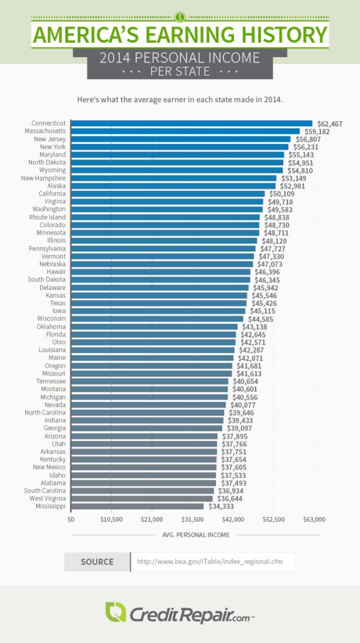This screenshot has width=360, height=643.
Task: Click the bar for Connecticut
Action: (191, 123)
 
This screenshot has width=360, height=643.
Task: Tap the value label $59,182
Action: (316, 131)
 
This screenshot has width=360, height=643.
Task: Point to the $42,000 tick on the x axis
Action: (233, 519)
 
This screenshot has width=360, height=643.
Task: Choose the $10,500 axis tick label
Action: (111, 519)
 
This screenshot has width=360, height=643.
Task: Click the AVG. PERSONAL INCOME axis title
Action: (196, 534)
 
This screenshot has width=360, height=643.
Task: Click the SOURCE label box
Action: (97, 562)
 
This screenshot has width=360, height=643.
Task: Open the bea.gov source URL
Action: (208, 562)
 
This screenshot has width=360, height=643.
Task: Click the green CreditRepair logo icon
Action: (115, 612)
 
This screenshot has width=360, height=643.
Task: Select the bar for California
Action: (167, 194)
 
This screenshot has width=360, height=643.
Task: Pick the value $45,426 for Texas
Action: (263, 303)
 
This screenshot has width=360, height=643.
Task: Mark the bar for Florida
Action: (154, 334)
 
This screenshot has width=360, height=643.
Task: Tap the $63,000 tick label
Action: (314, 519)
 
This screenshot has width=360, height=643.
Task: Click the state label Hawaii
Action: (56, 272)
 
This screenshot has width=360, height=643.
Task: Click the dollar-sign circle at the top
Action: (180, 16)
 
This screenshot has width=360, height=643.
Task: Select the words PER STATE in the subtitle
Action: (180, 72)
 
